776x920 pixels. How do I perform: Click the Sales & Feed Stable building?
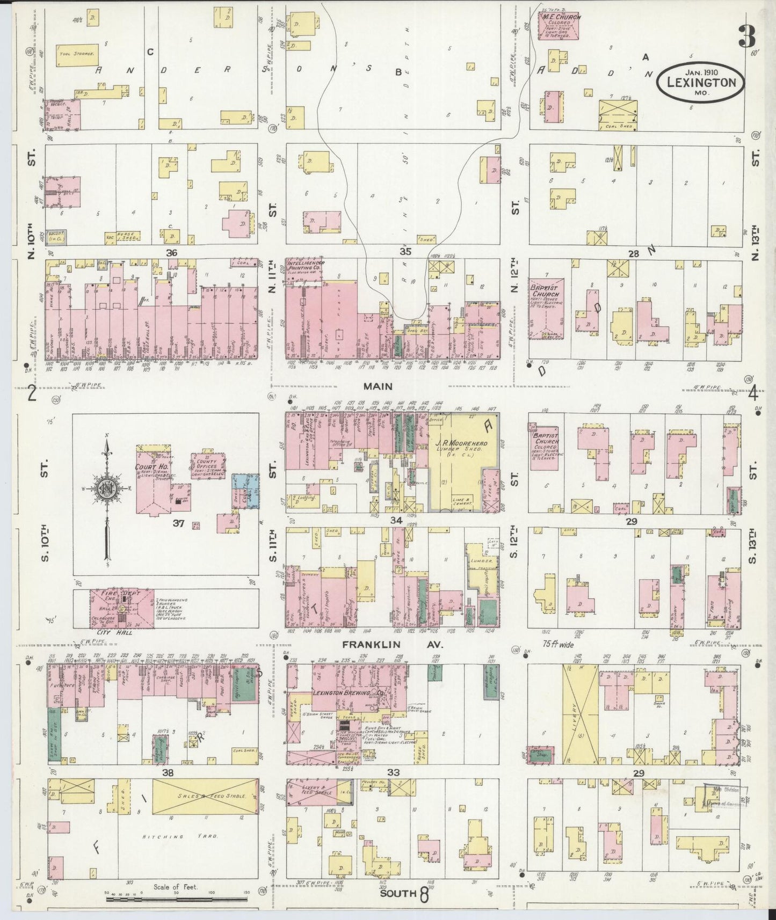click(x=203, y=797)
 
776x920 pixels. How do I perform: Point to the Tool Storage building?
click(x=77, y=55)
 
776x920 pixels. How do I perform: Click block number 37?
click(x=178, y=523)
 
